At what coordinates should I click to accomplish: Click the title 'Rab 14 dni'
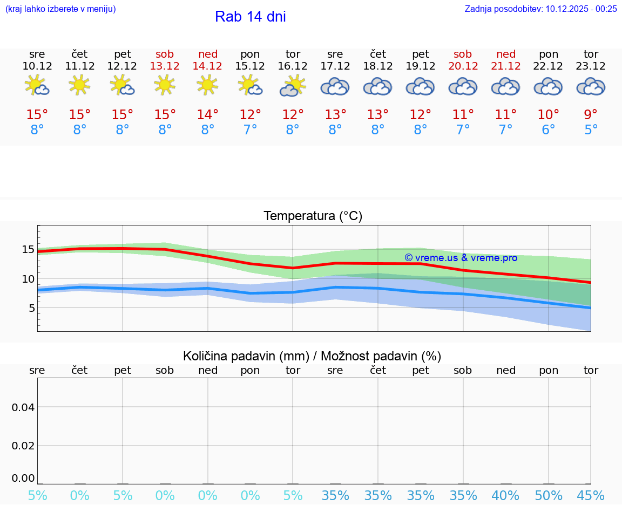(250, 17)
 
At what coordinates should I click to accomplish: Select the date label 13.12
(165, 66)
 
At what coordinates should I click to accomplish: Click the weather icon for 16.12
(293, 86)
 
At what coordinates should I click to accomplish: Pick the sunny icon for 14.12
(207, 85)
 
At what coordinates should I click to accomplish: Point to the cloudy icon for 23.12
(591, 86)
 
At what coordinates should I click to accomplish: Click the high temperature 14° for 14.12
(207, 115)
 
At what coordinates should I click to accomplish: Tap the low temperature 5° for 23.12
(591, 130)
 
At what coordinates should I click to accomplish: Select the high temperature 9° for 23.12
(591, 115)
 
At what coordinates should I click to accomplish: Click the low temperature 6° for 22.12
(548, 130)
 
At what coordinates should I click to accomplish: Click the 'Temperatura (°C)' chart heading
(313, 216)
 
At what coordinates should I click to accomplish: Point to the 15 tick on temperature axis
(28, 249)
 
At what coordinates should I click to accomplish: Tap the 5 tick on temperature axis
(31, 308)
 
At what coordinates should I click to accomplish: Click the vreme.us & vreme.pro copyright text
(461, 258)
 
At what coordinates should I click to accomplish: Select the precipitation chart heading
(312, 356)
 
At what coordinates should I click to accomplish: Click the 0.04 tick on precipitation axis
(23, 407)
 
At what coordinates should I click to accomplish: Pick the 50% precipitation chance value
(548, 496)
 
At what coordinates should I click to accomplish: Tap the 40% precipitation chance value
(505, 496)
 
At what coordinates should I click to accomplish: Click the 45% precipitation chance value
(591, 496)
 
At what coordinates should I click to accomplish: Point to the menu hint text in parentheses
(60, 9)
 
